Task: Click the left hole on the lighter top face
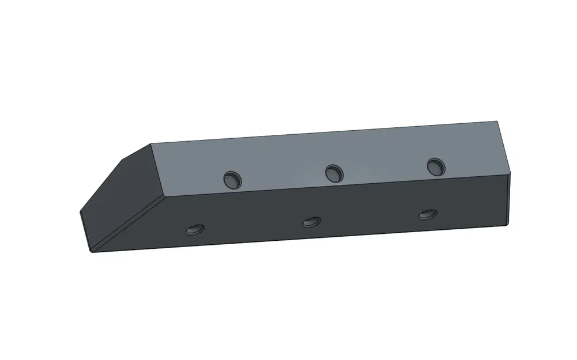click(233, 179)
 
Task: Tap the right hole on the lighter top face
click(436, 167)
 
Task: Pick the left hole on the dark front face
click(194, 229)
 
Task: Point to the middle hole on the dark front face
click(311, 221)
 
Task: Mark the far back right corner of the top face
click(497, 122)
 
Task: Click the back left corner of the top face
click(150, 144)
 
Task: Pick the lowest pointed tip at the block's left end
click(92, 251)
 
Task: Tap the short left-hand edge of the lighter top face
click(157, 170)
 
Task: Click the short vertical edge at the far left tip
click(85, 231)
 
